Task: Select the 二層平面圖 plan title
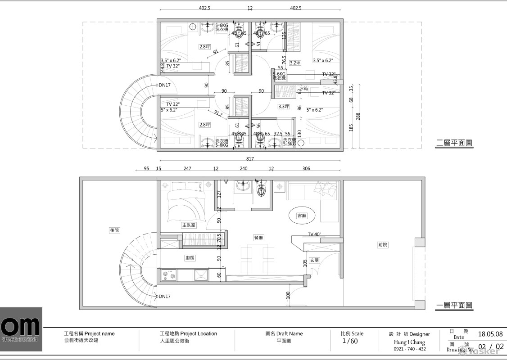[455, 144]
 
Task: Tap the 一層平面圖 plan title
[455, 306]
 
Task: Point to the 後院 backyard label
[115, 230]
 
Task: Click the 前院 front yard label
[382, 245]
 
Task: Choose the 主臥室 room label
[189, 225]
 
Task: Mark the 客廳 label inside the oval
[302, 216]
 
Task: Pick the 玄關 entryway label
[314, 260]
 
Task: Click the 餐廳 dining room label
[258, 237]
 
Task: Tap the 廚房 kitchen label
[190, 258]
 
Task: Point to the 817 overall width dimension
[250, 159]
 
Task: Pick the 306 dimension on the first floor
[306, 169]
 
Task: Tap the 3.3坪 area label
[283, 107]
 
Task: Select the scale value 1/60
[350, 341]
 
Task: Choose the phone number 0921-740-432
[409, 349]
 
